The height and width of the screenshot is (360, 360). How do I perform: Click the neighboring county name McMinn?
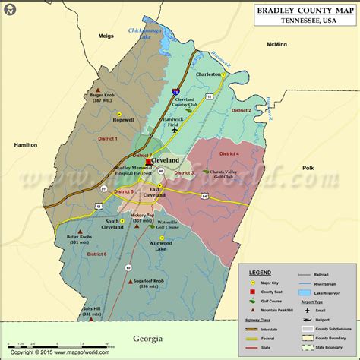click(276, 44)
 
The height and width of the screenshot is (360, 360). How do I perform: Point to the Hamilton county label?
click(26, 144)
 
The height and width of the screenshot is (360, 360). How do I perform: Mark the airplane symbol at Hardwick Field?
click(175, 130)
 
